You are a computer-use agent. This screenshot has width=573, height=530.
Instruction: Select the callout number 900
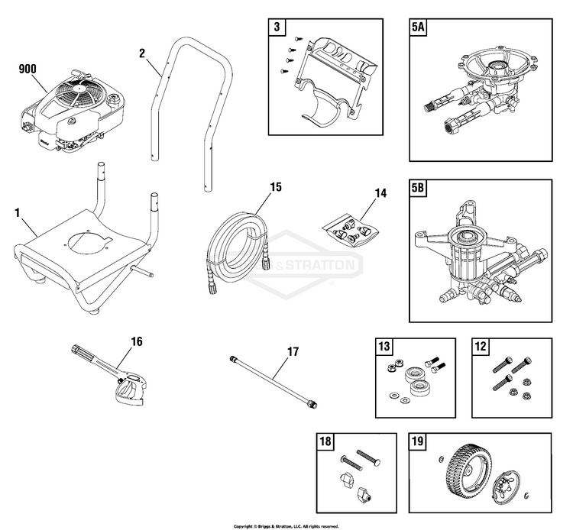[28, 69]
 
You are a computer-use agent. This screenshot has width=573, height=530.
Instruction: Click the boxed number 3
[277, 30]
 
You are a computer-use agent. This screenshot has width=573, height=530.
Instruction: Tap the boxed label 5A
[419, 30]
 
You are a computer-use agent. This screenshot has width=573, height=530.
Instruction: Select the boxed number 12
[481, 347]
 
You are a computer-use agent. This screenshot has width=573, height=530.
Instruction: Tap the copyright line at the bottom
[286, 526]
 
